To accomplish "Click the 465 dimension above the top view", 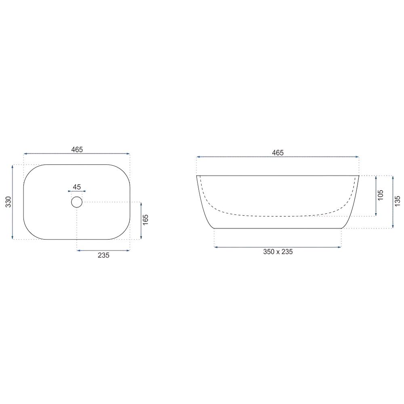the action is [x=77, y=149].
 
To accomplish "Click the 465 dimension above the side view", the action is [x=278, y=153].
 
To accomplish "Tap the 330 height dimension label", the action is [x=8, y=202].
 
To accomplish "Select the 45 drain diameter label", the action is [x=77, y=187].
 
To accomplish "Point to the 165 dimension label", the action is [x=145, y=219].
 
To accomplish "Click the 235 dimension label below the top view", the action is [x=103, y=255].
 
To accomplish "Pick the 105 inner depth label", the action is [x=380, y=195].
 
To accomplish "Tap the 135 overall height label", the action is [x=397, y=201].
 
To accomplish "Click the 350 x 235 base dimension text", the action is [x=278, y=252].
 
